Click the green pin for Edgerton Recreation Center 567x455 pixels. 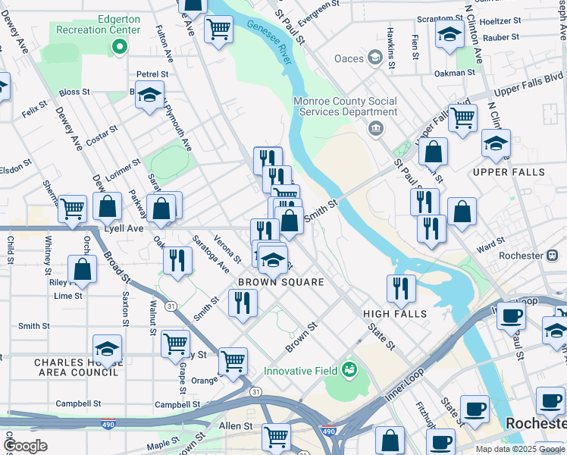(119, 48)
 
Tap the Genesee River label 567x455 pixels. (269, 43)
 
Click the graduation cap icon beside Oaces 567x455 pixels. (374, 58)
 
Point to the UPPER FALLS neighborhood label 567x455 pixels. (509, 172)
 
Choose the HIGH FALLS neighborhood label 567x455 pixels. (395, 314)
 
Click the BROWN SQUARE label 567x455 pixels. (281, 282)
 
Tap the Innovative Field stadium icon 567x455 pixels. (349, 369)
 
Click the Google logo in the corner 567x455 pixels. (26, 445)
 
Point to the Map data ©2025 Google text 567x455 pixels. (520, 449)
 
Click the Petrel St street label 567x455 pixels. (152, 74)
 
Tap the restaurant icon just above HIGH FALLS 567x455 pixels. (401, 287)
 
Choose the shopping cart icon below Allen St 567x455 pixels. (276, 436)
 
